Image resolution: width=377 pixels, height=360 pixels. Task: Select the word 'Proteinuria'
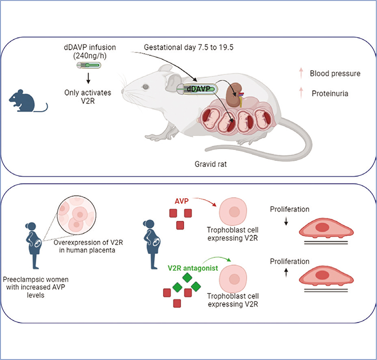tap(329, 93)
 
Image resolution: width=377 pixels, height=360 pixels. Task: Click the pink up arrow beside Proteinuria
tap(301, 93)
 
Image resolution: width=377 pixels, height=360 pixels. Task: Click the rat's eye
tap(146, 87)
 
